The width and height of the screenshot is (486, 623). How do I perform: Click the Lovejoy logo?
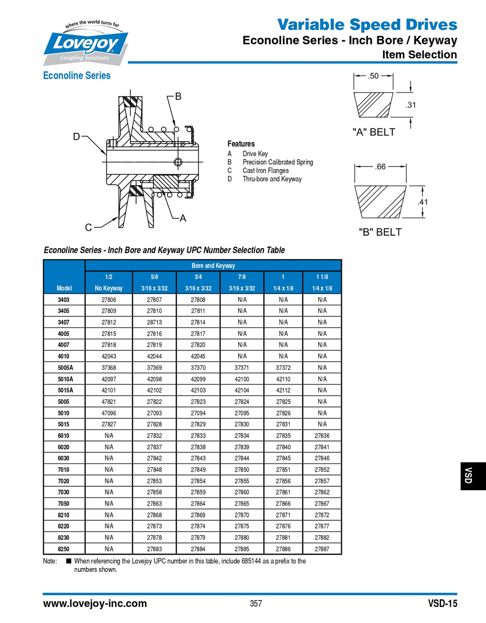(86, 43)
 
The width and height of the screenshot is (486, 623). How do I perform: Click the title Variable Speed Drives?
(367, 24)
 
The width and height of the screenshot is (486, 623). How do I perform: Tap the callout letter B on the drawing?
(178, 96)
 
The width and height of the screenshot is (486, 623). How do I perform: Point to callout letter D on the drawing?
(76, 137)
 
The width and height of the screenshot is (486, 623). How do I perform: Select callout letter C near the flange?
(88, 227)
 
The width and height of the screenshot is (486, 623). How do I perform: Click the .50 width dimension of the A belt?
(373, 76)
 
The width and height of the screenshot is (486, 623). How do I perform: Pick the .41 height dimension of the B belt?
(423, 202)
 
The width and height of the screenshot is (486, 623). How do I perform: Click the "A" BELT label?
(373, 132)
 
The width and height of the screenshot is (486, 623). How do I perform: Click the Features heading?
(241, 144)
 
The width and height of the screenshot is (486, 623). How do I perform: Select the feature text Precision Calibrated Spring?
(278, 162)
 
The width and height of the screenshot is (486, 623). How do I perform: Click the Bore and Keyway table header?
(213, 266)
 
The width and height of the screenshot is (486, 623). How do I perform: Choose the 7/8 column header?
(242, 277)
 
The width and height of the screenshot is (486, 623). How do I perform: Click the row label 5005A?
(64, 367)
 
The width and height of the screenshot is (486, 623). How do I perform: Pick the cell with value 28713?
(154, 322)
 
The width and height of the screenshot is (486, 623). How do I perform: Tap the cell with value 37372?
(283, 367)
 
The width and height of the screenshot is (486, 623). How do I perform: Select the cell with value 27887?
(322, 549)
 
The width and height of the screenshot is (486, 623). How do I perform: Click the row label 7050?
(64, 503)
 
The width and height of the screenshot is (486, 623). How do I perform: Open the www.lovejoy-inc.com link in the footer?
(95, 604)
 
